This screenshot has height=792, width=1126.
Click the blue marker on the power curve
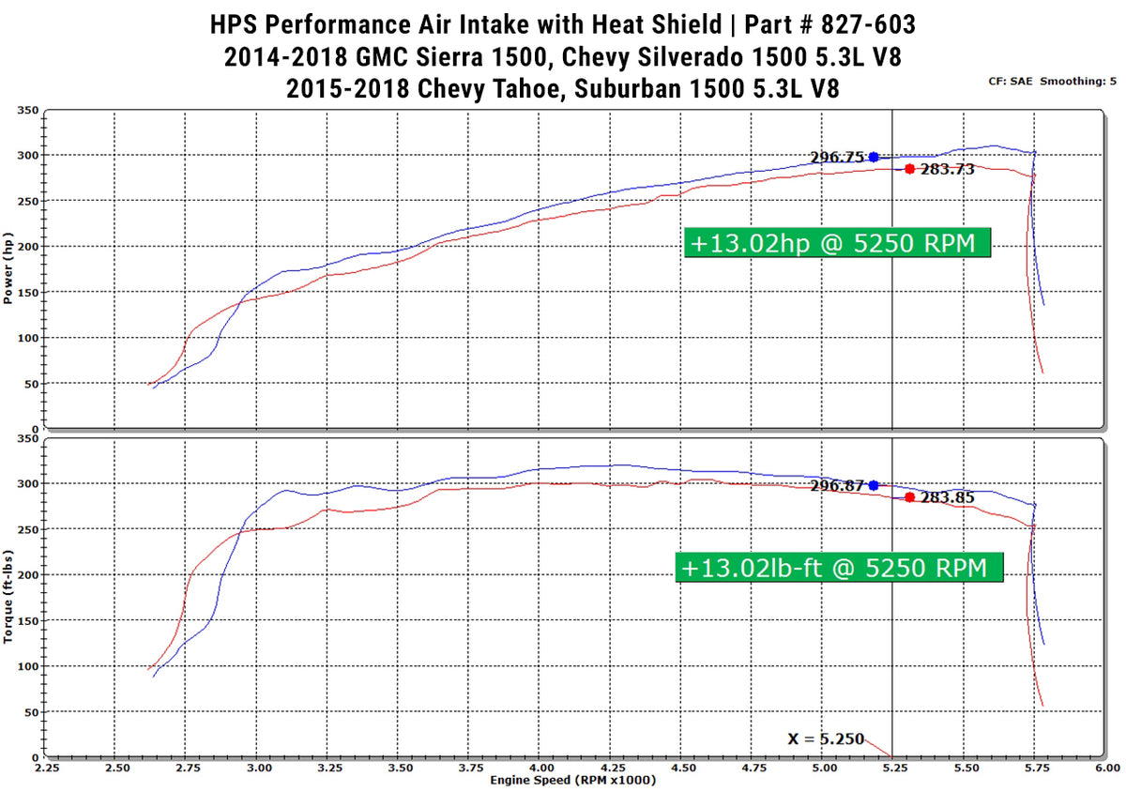point(874,157)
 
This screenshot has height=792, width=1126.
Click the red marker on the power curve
point(909,169)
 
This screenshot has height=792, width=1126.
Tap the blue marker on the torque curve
point(874,485)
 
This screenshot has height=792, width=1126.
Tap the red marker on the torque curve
point(909,497)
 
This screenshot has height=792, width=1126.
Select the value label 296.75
point(837,157)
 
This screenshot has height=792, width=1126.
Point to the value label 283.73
point(947,170)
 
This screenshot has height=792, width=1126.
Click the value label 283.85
point(947,498)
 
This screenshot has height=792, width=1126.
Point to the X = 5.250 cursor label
point(826,739)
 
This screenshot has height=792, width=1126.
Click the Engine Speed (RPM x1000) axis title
point(565,781)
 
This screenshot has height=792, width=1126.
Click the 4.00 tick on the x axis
point(539,768)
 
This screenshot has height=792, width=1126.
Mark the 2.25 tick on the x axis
point(46,768)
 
